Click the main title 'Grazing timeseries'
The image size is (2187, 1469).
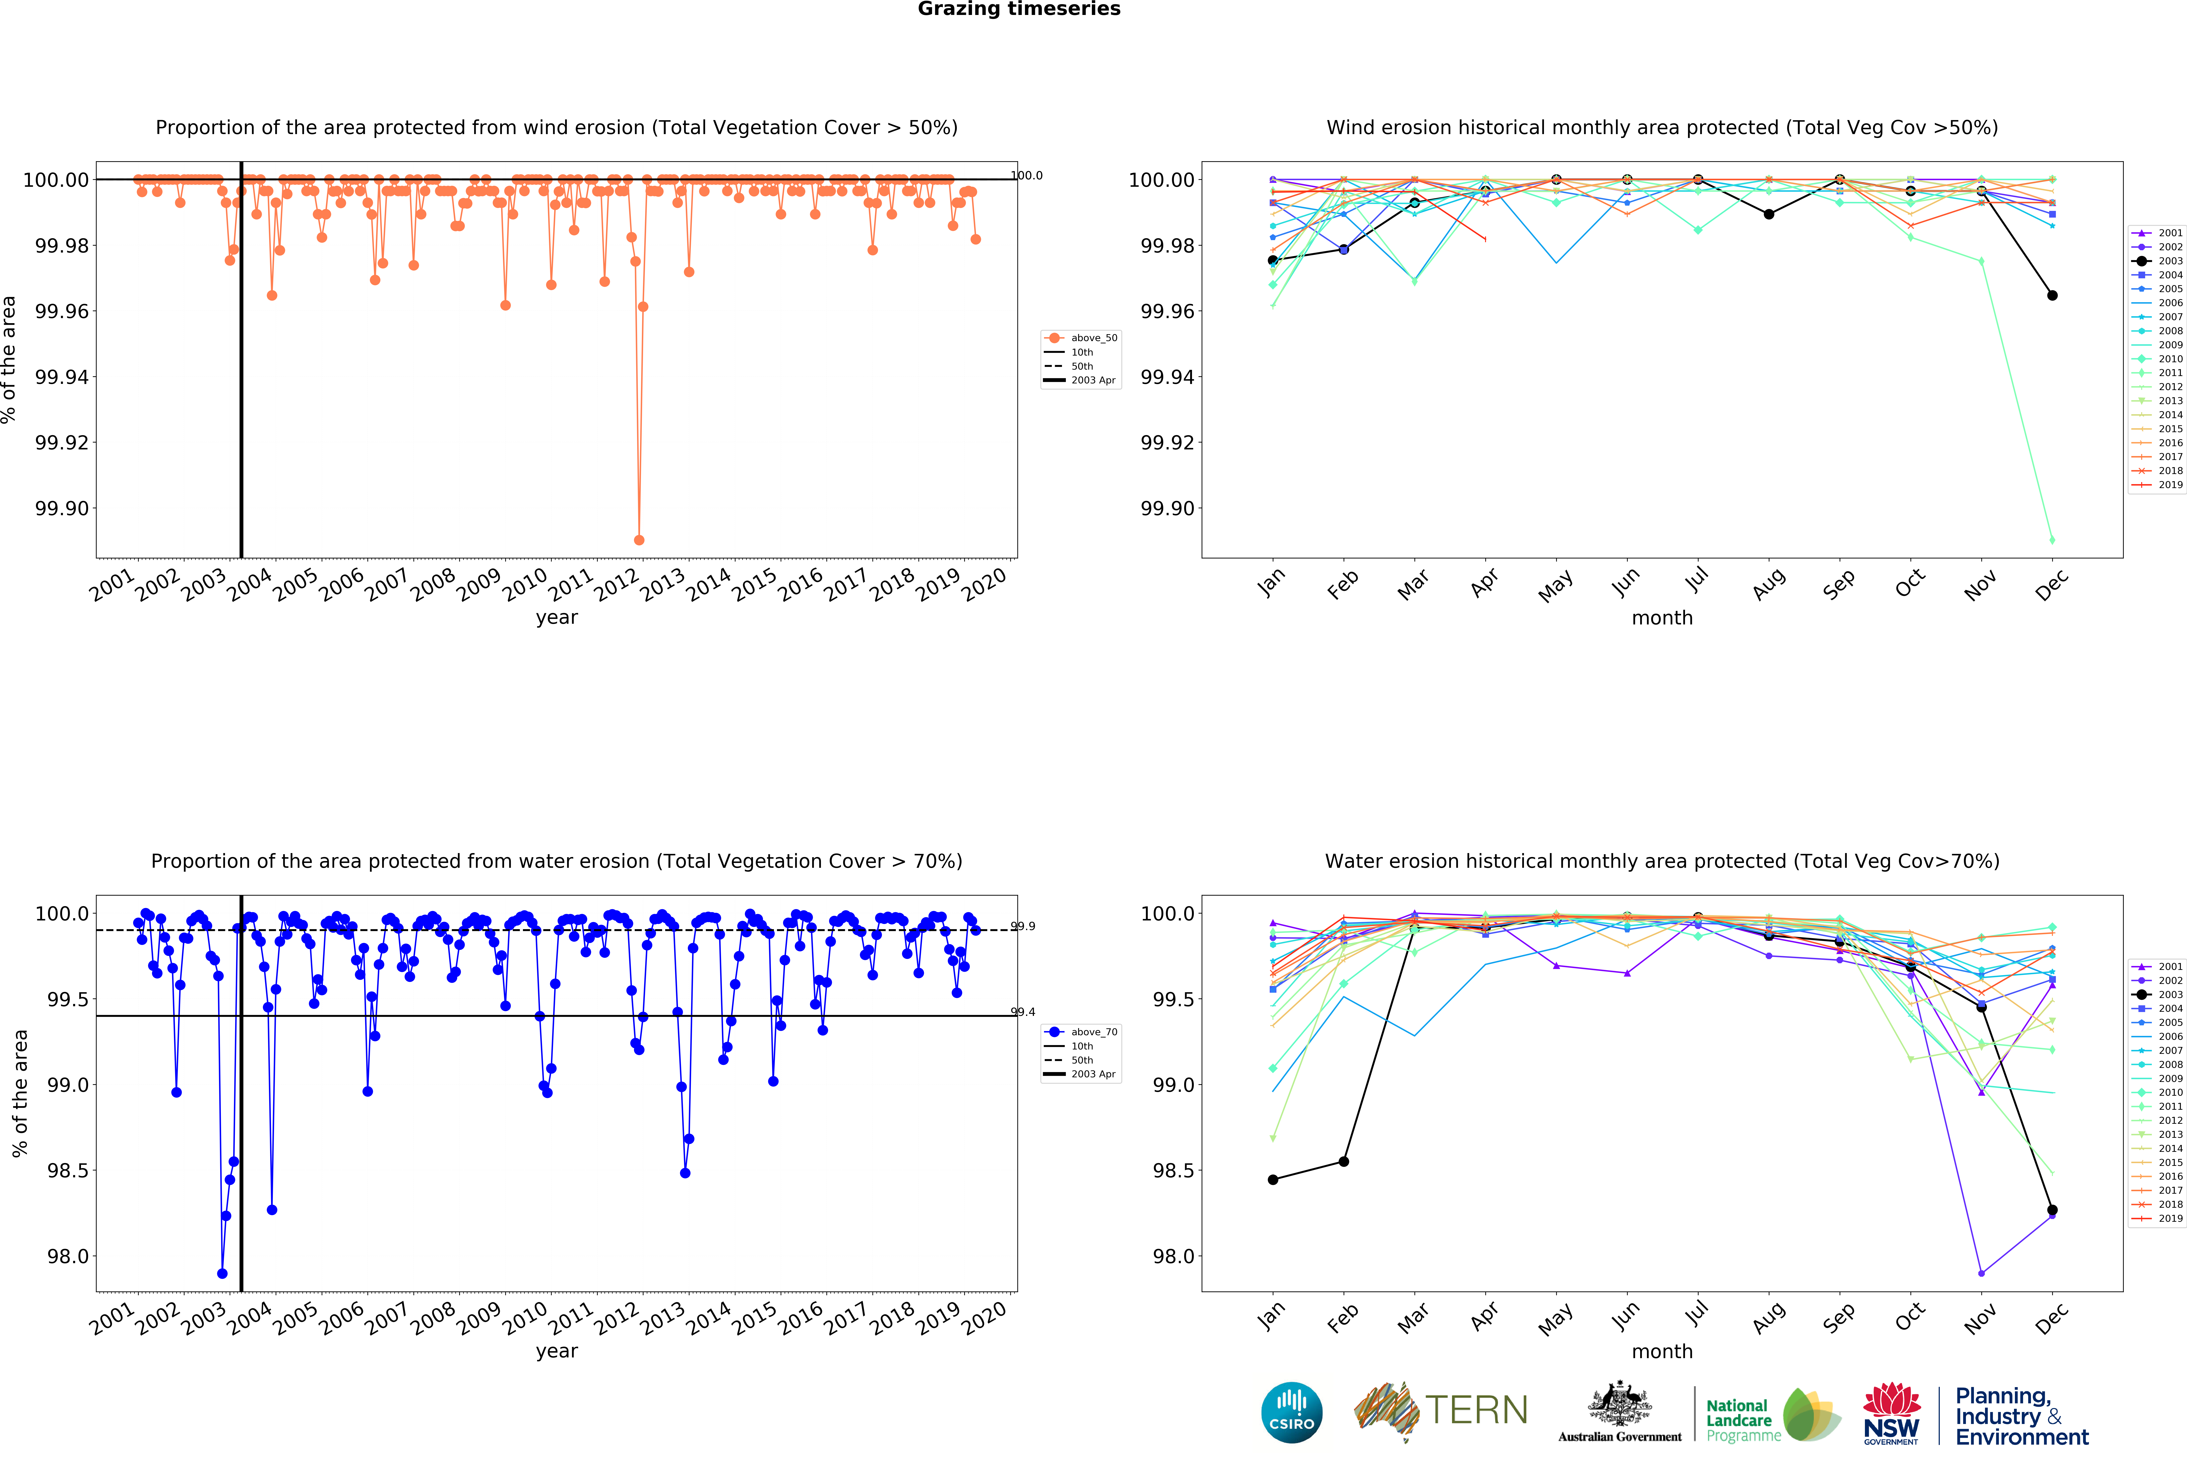(x=1018, y=9)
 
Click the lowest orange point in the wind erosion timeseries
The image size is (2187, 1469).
(x=639, y=540)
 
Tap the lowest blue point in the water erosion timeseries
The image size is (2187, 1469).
(x=222, y=1273)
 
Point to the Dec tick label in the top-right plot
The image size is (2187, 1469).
(x=2050, y=586)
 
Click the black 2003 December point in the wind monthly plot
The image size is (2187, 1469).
(x=2052, y=295)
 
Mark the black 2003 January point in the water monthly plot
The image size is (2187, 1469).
(x=1272, y=1179)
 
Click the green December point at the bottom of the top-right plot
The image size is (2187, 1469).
(x=2052, y=540)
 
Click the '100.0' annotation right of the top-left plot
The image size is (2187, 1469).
(x=1026, y=175)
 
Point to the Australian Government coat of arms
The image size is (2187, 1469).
(x=1619, y=1405)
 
